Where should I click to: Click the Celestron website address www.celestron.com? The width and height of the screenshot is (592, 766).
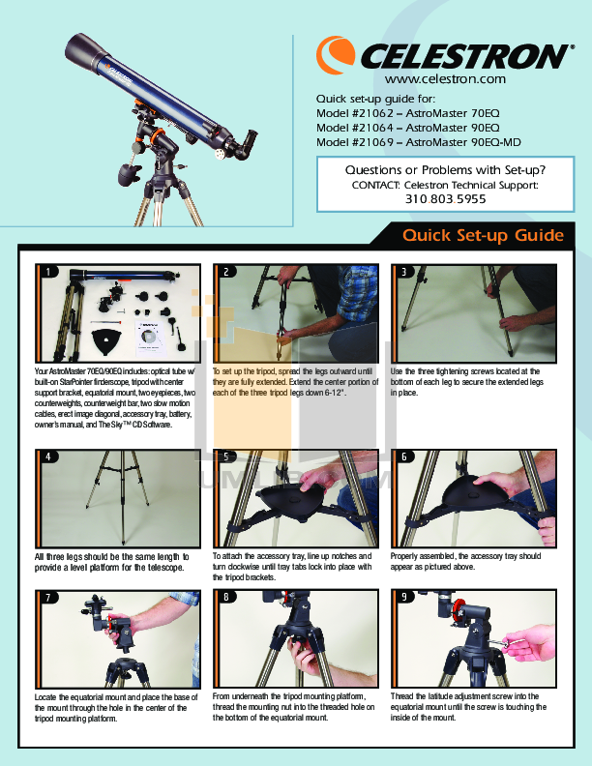coord(445,79)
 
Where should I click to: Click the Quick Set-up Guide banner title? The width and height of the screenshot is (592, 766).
coord(483,236)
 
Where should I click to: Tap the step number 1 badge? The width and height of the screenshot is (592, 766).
coord(44,273)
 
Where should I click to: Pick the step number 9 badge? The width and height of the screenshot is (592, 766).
coord(400,597)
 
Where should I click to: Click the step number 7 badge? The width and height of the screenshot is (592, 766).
coord(44,597)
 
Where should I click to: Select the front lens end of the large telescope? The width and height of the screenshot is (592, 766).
coord(79,48)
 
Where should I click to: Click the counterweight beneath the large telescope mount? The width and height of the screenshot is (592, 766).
coord(127,175)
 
